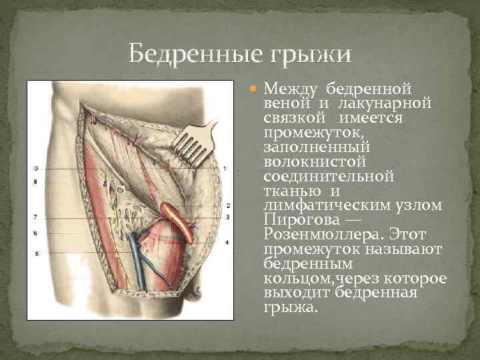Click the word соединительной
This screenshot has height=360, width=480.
click(329, 177)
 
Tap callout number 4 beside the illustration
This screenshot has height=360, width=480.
click(227, 243)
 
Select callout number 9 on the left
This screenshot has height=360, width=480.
click(35, 168)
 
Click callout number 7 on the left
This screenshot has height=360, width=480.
click(35, 217)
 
